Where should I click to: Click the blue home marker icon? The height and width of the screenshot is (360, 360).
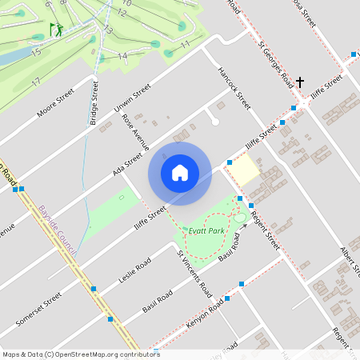click(x=180, y=173)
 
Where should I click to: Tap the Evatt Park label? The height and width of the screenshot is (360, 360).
click(x=206, y=230)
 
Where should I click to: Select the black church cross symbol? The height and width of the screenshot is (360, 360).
click(x=300, y=82)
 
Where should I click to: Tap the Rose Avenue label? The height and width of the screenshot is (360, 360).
click(x=135, y=131)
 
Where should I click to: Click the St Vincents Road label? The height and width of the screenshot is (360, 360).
click(x=193, y=272)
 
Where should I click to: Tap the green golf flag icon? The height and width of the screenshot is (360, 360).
click(x=55, y=30)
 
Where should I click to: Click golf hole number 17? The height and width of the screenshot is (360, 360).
click(x=36, y=82)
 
